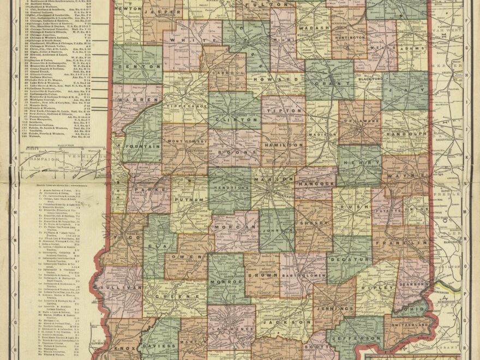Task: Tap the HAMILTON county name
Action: tap(283, 146)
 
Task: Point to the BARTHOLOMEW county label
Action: tap(303, 274)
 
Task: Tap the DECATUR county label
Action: tap(349, 253)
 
